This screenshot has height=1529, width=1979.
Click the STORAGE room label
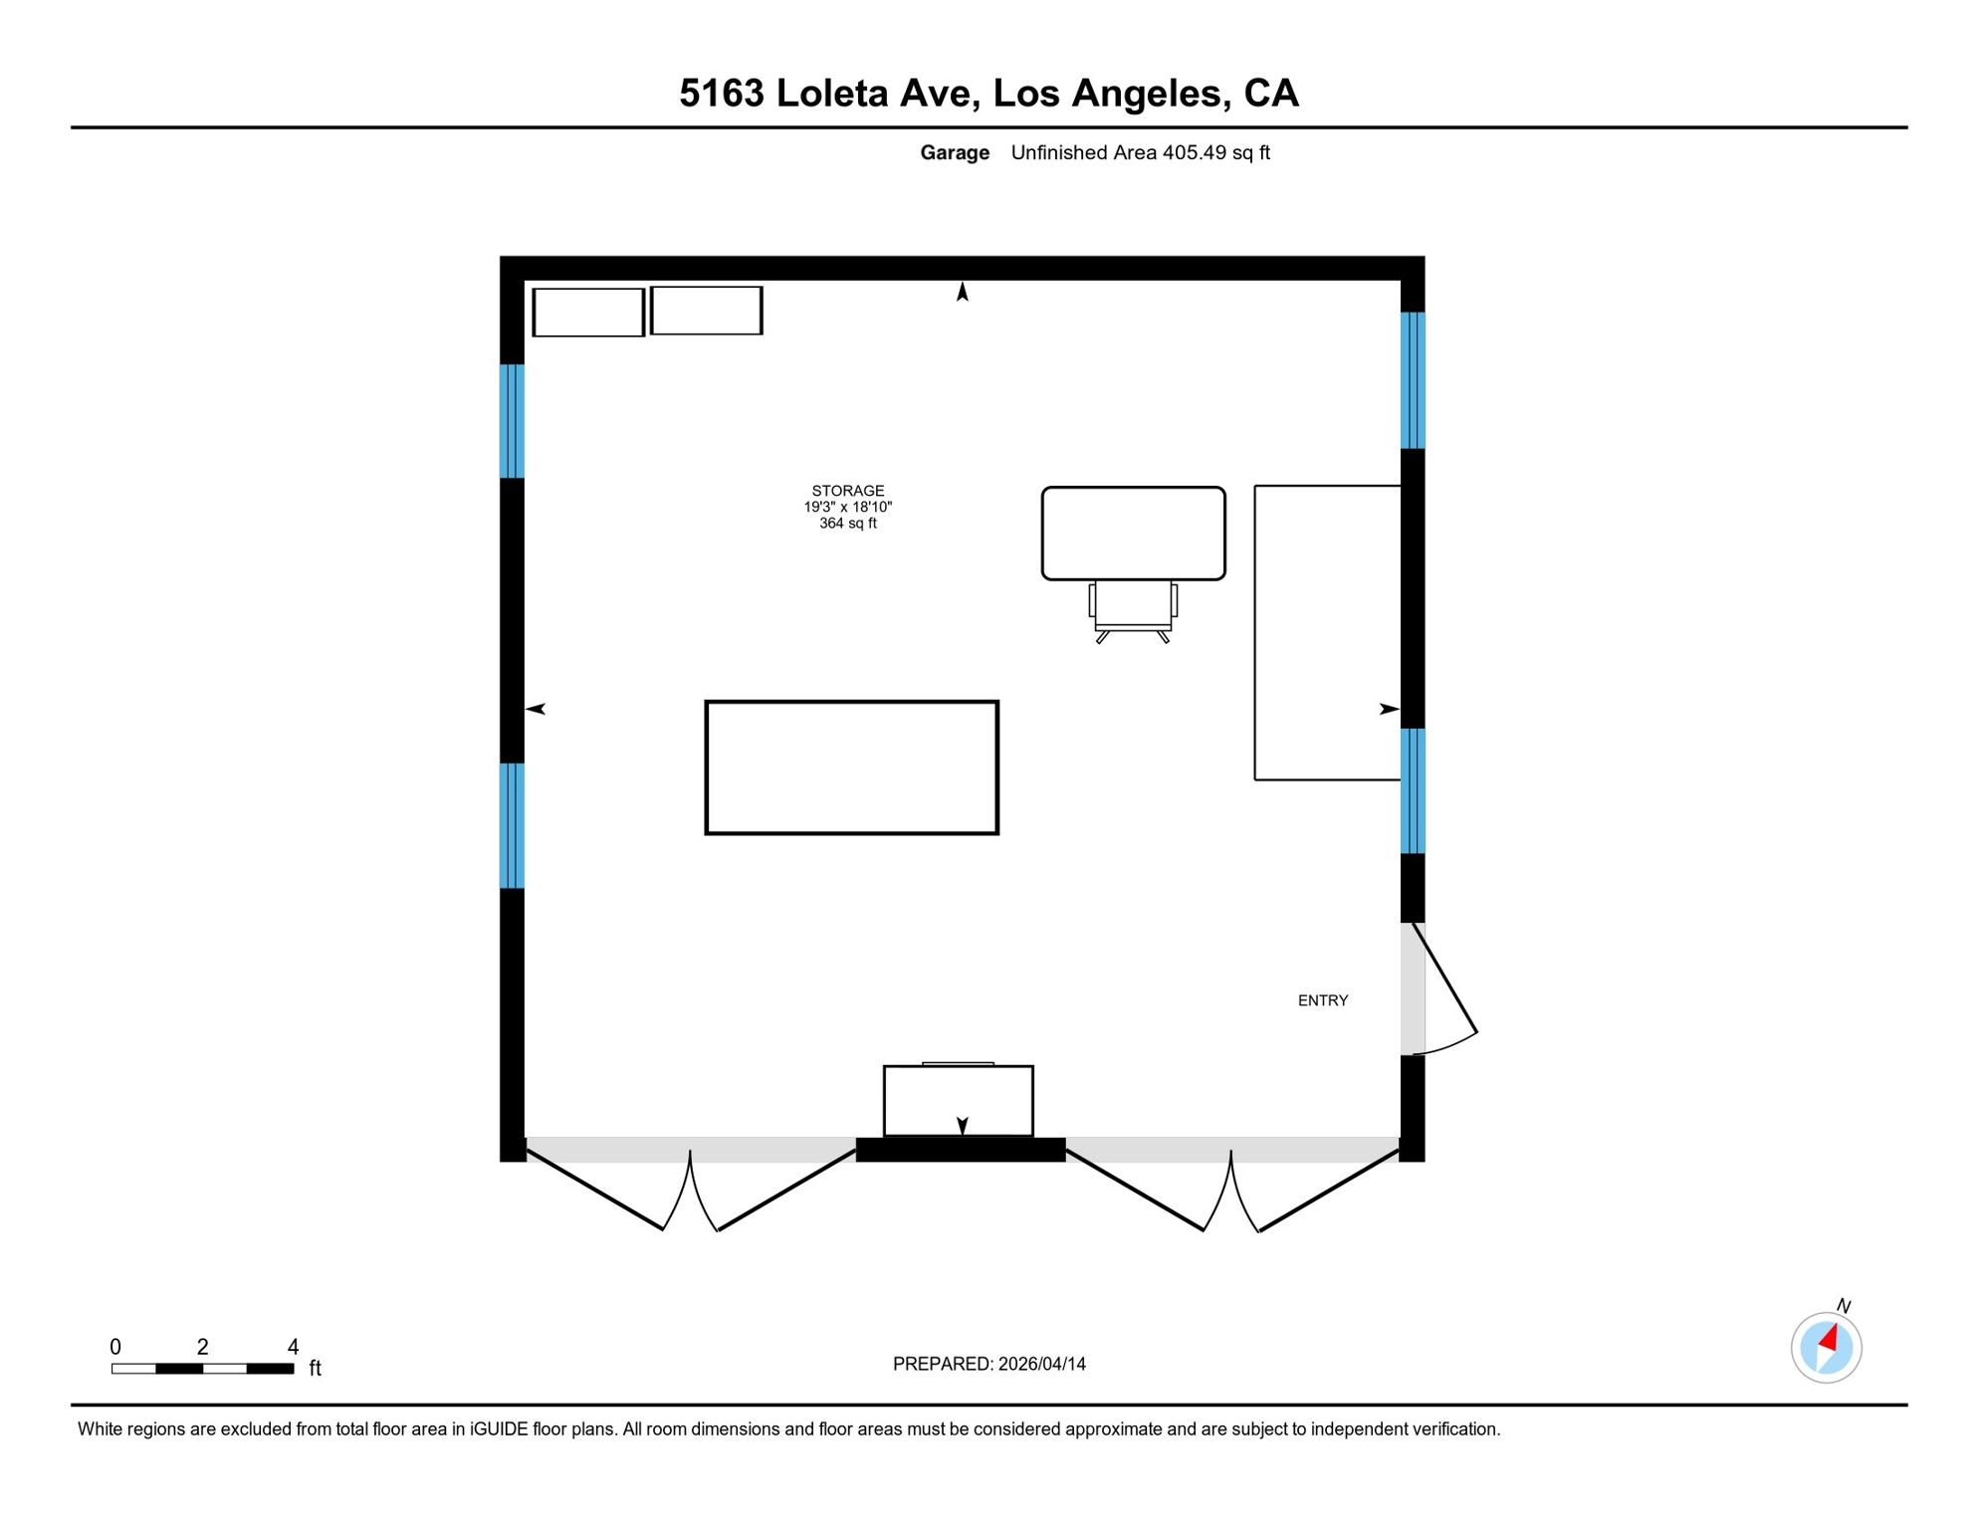[847, 491]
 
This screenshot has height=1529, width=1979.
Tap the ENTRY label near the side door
[1323, 1000]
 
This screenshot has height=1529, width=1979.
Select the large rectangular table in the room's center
[851, 767]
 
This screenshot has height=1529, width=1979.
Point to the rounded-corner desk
[1133, 534]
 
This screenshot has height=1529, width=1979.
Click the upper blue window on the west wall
[512, 421]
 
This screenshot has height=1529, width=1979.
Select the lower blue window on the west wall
[512, 825]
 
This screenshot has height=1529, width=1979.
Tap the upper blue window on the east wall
[1413, 380]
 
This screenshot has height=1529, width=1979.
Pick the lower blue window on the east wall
[1413, 791]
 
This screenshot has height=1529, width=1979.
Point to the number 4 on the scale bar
[293, 1347]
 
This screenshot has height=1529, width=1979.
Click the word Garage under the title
[955, 153]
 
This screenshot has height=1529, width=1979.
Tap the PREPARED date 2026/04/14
[1042, 1364]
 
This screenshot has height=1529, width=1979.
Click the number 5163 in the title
[722, 94]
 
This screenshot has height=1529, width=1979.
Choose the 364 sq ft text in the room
[848, 524]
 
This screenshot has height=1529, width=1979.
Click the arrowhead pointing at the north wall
[963, 291]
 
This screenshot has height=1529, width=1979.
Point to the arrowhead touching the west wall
[536, 709]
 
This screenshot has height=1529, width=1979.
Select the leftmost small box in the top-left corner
[588, 313]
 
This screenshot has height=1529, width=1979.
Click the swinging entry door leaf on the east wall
[1444, 979]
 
